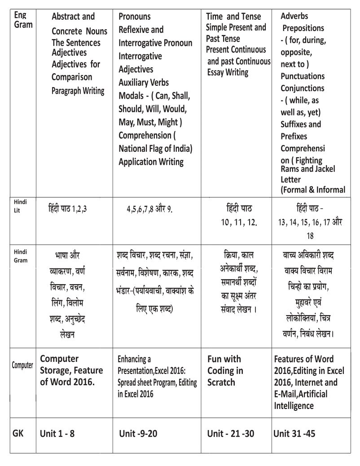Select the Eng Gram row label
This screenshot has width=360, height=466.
23,20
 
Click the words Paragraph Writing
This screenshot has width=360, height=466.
78,91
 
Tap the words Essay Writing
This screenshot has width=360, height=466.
228,71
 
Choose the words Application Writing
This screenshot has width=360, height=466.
151,162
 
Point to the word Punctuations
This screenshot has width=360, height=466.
302,76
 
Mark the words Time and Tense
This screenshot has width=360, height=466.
233,17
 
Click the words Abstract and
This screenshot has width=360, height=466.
73,17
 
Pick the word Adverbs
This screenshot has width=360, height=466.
294,16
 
